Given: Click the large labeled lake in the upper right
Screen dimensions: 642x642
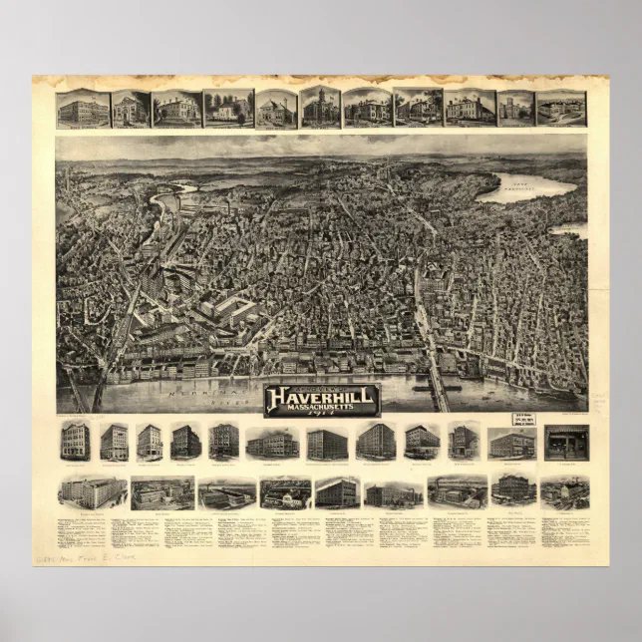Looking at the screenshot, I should tap(526, 187).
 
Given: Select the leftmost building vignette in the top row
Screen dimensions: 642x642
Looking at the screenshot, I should tap(83, 109).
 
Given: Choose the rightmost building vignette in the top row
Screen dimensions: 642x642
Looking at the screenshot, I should tap(561, 109).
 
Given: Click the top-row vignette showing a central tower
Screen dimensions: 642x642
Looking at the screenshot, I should tap(321, 108).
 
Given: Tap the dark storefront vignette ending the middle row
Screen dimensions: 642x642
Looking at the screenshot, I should tap(566, 442).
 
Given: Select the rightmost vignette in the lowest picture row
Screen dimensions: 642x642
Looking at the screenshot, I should tap(564, 491).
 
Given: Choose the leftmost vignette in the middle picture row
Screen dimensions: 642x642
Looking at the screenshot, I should tap(75, 442).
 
